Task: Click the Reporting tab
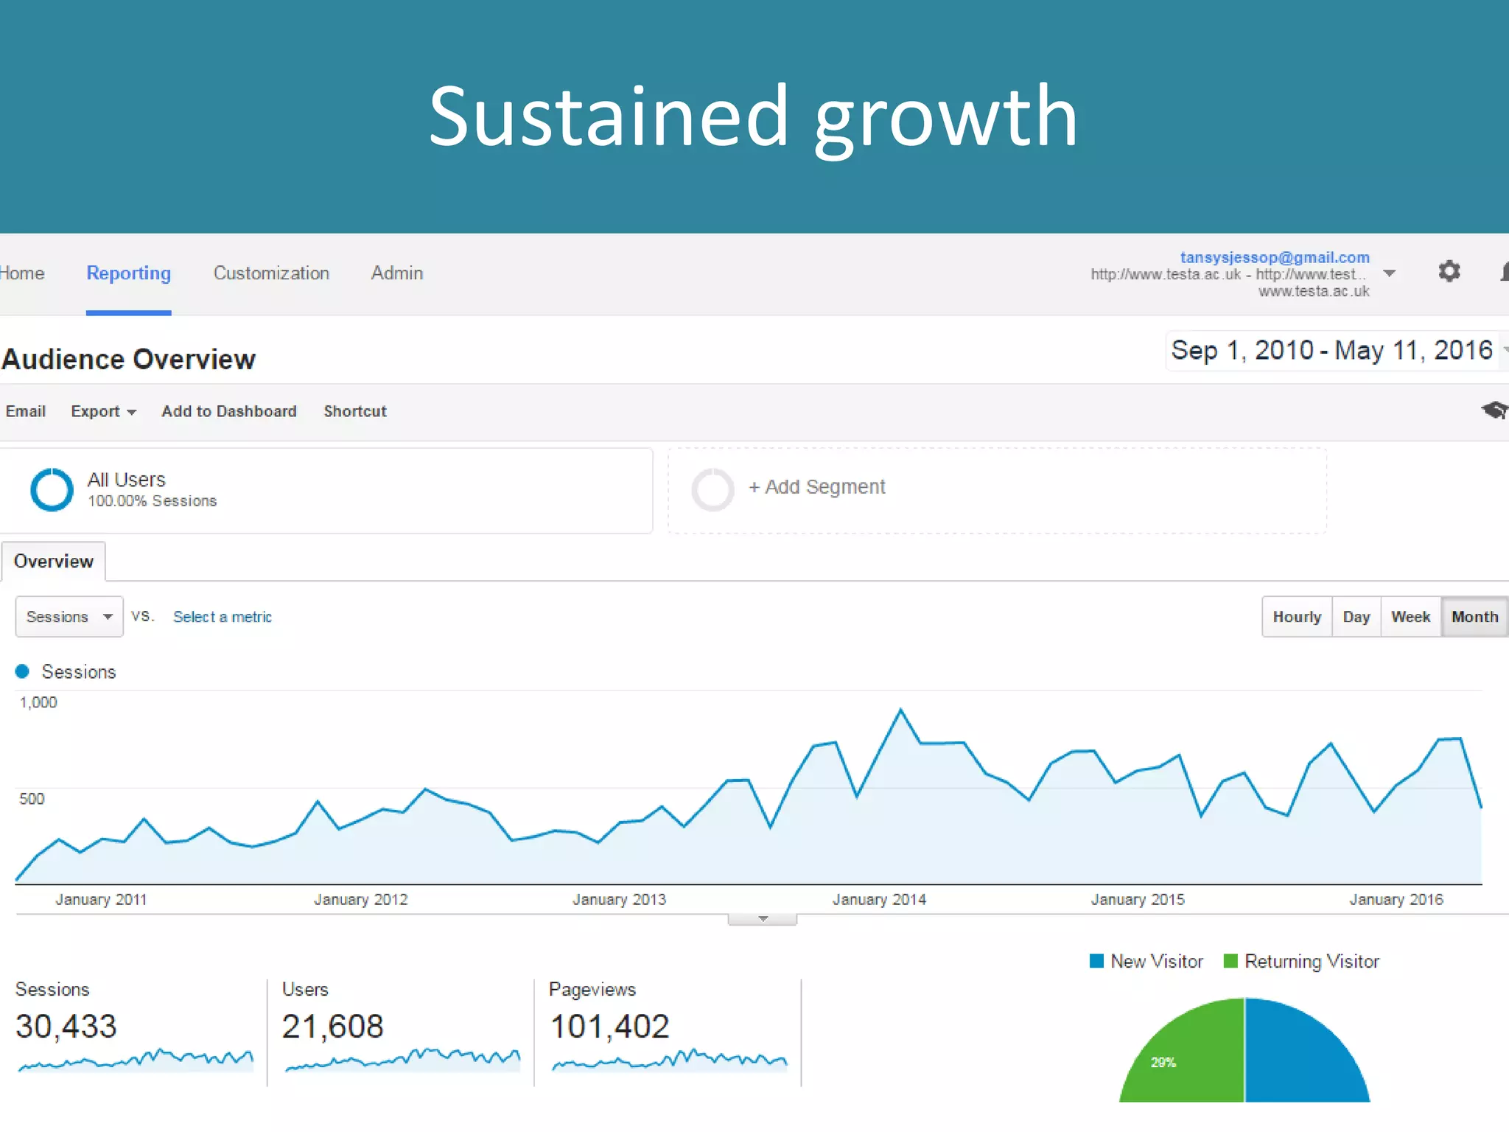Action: [128, 273]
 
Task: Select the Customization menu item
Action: [271, 273]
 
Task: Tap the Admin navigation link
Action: [396, 273]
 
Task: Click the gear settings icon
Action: [1449, 271]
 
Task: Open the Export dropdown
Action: [103, 411]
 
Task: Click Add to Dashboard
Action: [228, 411]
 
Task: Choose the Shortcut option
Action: [354, 411]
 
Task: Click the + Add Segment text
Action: [816, 487]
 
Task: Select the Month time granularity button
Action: [1474, 617]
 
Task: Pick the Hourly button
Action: [1296, 617]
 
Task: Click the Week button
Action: [1410, 617]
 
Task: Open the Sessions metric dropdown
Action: [69, 617]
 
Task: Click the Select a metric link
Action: [222, 617]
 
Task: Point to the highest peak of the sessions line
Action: [900, 710]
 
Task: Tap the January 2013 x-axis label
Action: [619, 900]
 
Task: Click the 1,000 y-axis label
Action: [38, 702]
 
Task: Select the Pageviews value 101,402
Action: [609, 1027]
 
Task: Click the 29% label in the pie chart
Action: [1163, 1062]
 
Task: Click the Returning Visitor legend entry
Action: [1301, 962]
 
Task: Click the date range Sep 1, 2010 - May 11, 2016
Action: [1331, 351]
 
